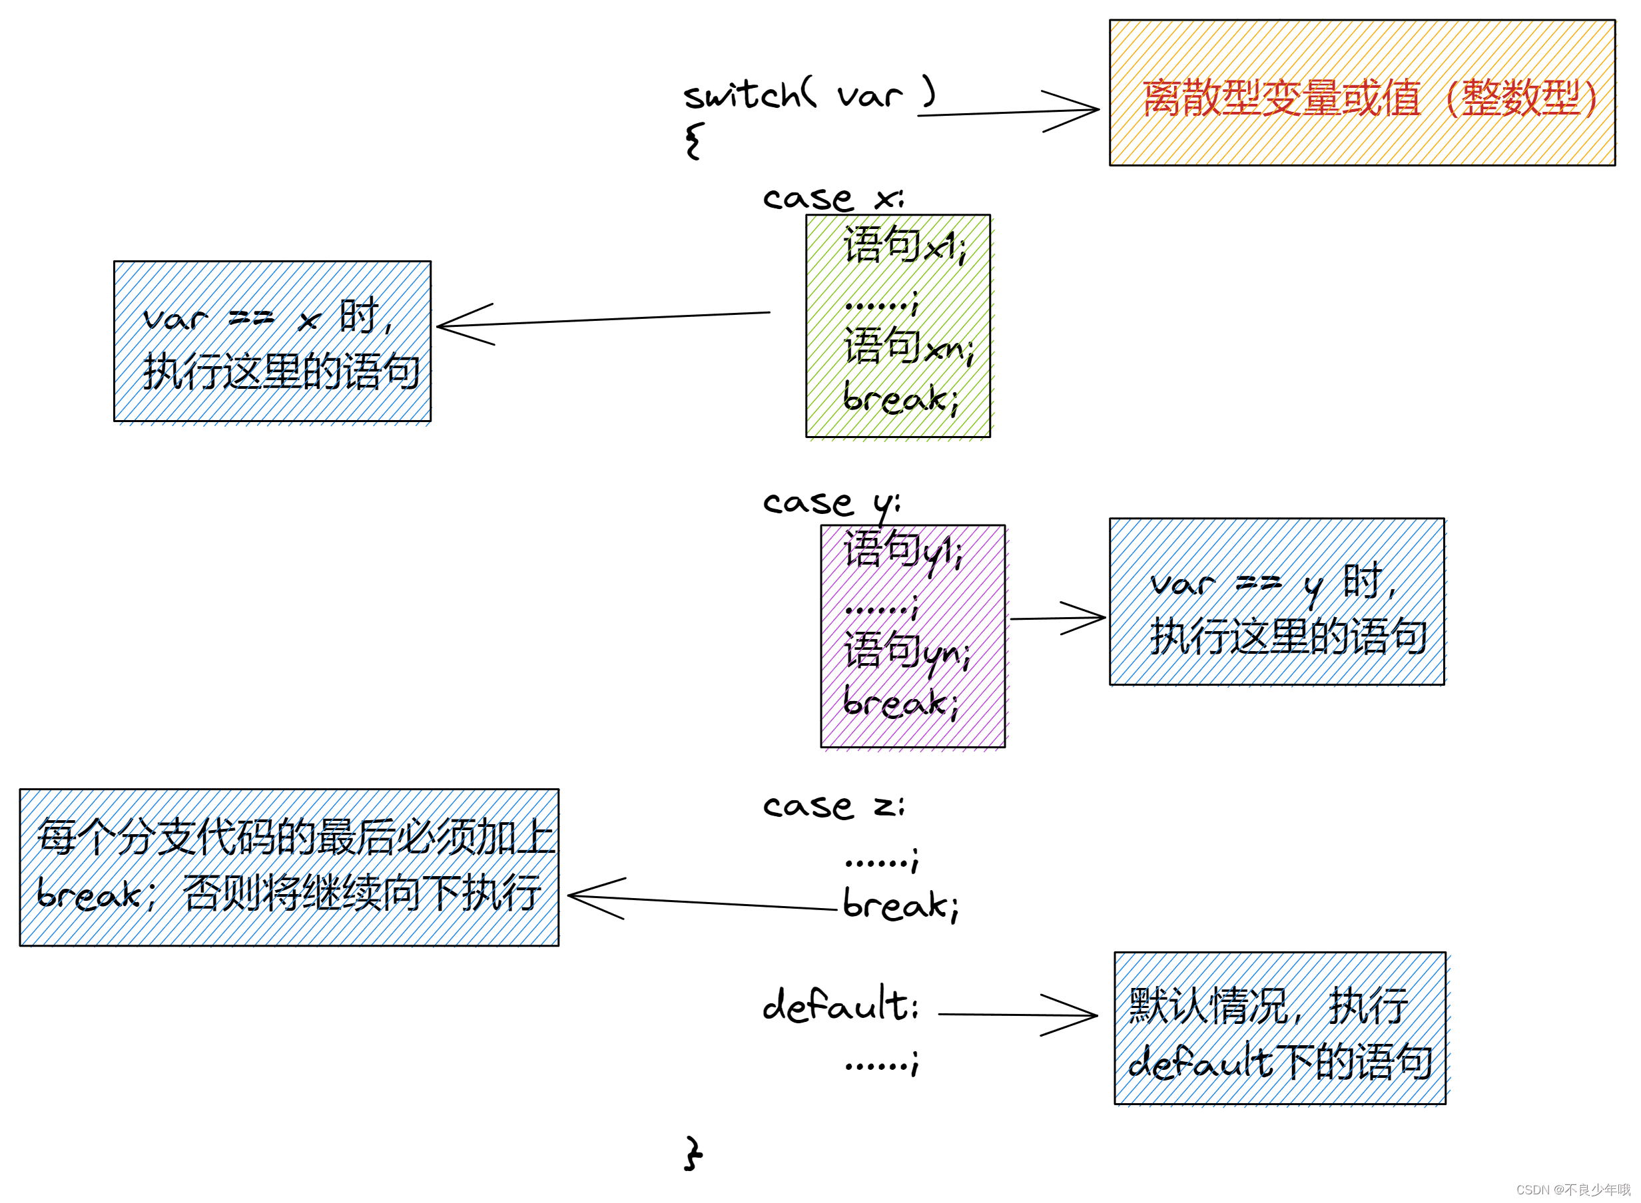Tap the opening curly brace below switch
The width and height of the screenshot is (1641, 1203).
[x=694, y=140]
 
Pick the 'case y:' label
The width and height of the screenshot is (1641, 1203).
[x=831, y=503]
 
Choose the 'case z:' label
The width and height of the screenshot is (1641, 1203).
[x=832, y=806]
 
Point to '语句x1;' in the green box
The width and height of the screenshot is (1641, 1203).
[x=904, y=246]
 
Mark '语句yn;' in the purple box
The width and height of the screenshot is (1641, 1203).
[x=906, y=650]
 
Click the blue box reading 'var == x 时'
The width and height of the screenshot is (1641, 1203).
[x=272, y=342]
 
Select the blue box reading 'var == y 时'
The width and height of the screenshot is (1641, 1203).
[x=1275, y=602]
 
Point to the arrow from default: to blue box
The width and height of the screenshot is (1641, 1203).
[x=1017, y=1015]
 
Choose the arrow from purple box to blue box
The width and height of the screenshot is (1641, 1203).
[x=1057, y=618]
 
